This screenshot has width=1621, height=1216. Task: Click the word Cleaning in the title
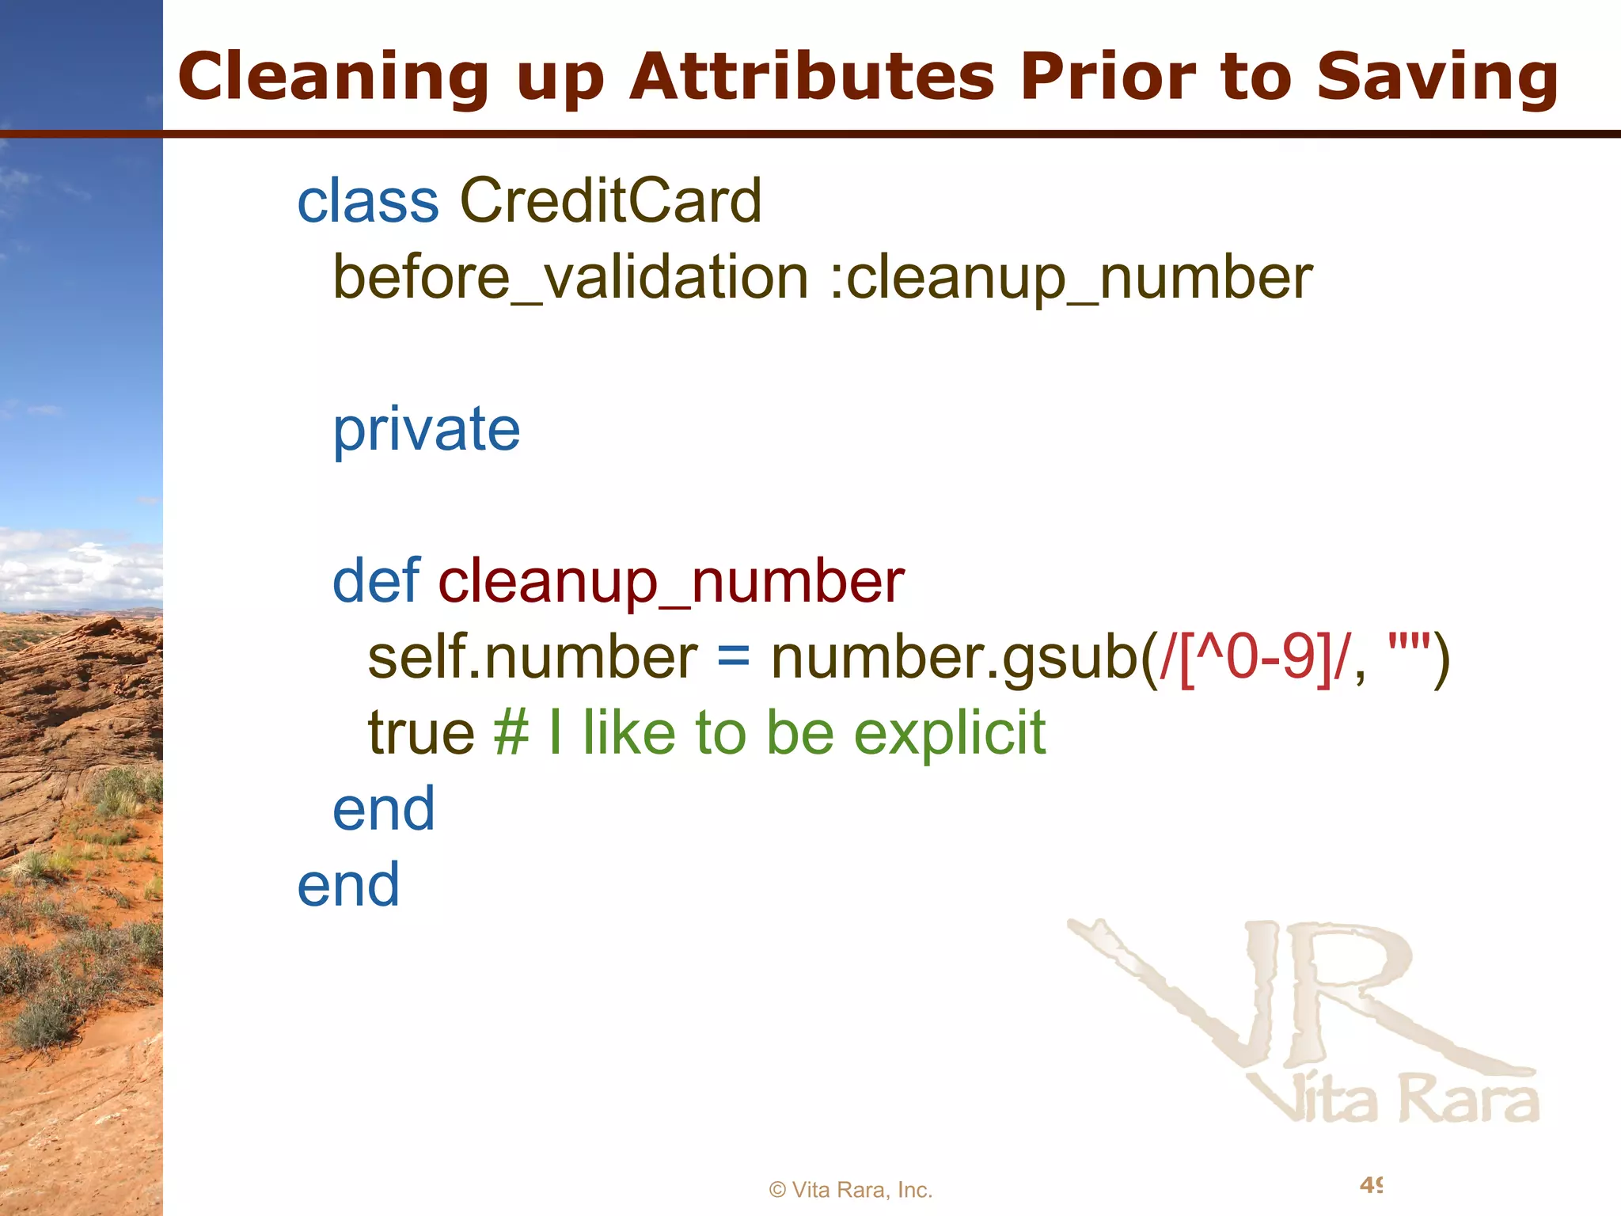pyautogui.click(x=333, y=78)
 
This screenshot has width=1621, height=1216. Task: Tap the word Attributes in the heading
pyautogui.click(x=811, y=78)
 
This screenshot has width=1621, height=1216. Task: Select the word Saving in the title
pyautogui.click(x=1437, y=78)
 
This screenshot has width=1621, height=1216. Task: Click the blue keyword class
pyautogui.click(x=368, y=201)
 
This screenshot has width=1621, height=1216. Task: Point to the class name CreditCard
pyautogui.click(x=610, y=201)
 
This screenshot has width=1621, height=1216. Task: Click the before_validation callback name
pyautogui.click(x=570, y=278)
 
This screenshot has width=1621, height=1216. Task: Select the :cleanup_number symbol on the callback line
pyautogui.click(x=1071, y=278)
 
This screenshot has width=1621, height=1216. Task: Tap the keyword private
pyautogui.click(x=426, y=430)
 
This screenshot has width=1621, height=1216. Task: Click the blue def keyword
pyautogui.click(x=376, y=581)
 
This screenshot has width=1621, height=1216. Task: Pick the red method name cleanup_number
pyautogui.click(x=671, y=583)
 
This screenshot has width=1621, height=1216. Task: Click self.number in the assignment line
pyautogui.click(x=533, y=658)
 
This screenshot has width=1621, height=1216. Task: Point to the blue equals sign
pyautogui.click(x=734, y=658)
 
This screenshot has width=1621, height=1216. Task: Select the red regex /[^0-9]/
pyautogui.click(x=1254, y=658)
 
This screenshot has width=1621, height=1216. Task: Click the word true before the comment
pyautogui.click(x=421, y=733)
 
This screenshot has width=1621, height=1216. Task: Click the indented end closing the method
pyautogui.click(x=384, y=809)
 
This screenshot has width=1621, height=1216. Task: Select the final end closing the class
pyautogui.click(x=348, y=885)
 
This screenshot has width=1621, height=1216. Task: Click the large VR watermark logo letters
pyautogui.click(x=1298, y=997)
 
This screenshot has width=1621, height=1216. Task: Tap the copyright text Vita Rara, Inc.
pyautogui.click(x=851, y=1190)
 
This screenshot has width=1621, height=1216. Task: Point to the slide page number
pyautogui.click(x=1371, y=1185)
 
